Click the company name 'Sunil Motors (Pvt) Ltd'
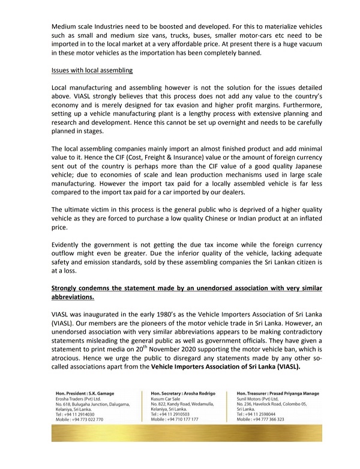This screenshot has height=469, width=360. (263, 398)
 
